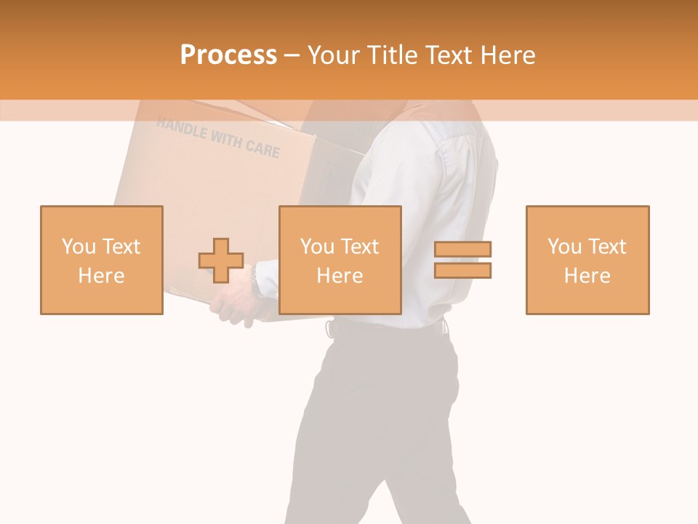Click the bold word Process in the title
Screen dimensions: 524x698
228,55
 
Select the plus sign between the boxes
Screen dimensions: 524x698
221,261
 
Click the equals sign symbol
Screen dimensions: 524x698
462,260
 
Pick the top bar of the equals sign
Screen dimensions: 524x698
462,249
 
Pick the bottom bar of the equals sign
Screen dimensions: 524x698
462,271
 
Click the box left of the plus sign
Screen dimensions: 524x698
102,260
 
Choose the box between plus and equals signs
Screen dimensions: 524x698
340,260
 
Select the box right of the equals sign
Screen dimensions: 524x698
587,260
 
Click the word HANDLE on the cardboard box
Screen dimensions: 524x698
181,129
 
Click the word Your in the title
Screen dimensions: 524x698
334,55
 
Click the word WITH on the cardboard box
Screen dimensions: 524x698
225,138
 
